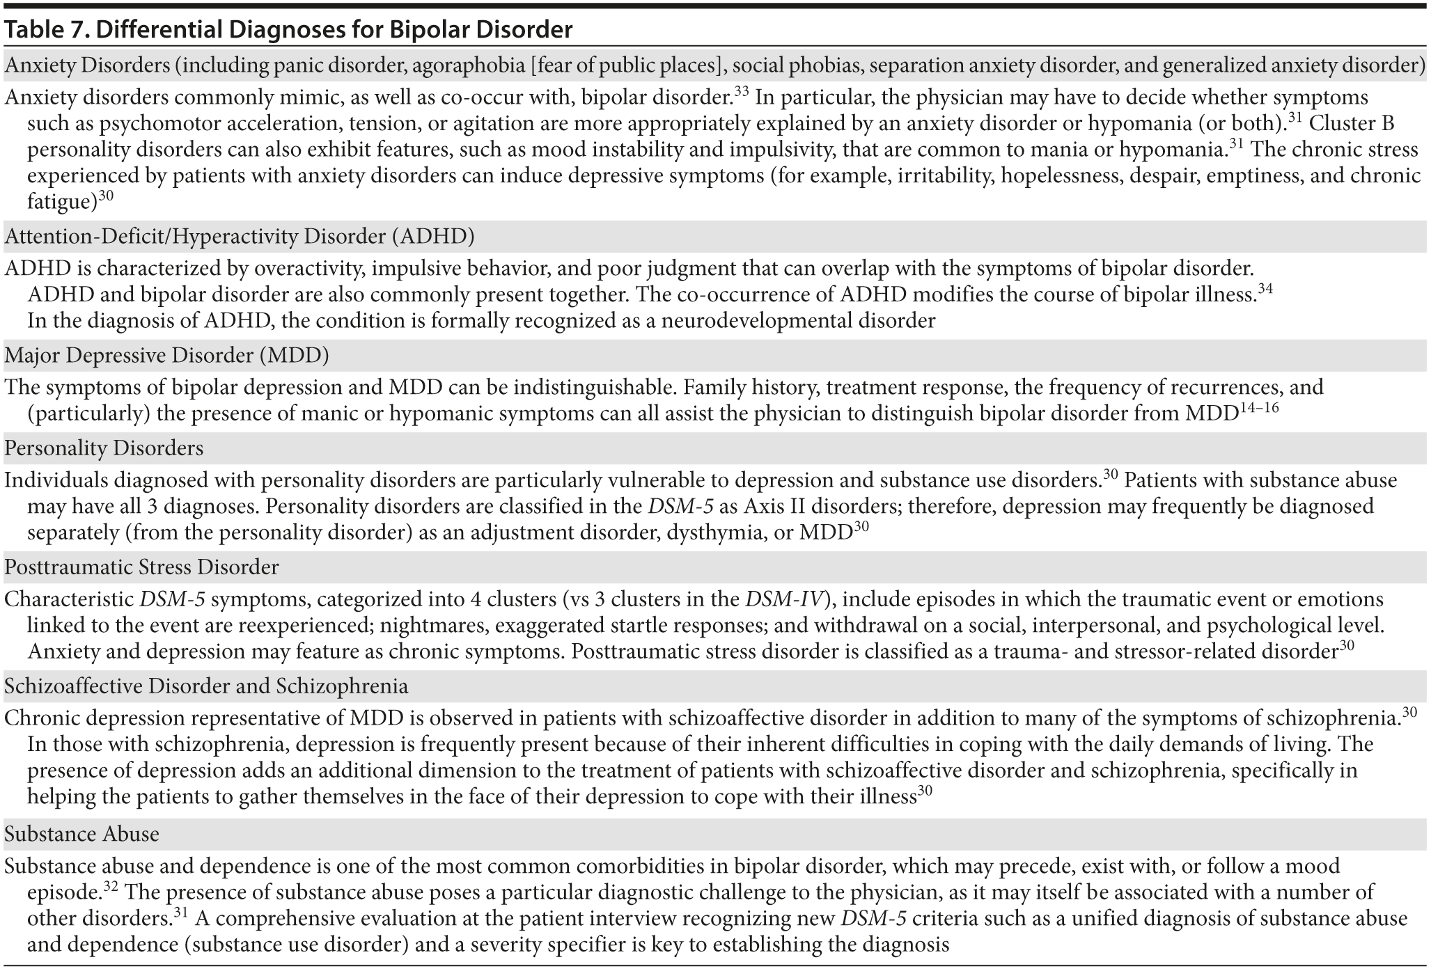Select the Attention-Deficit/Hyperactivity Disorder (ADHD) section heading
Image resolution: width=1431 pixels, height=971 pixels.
(239, 237)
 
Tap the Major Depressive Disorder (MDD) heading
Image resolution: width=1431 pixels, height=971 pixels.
(166, 356)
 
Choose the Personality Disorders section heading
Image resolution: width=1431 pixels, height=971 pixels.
(104, 448)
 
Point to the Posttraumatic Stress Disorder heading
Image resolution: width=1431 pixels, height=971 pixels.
(141, 567)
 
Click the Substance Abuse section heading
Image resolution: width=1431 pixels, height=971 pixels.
(81, 834)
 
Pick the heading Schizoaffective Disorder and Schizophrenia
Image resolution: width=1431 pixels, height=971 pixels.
(206, 686)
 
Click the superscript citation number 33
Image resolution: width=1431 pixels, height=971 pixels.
(741, 91)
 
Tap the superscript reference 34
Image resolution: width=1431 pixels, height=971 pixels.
(1265, 289)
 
